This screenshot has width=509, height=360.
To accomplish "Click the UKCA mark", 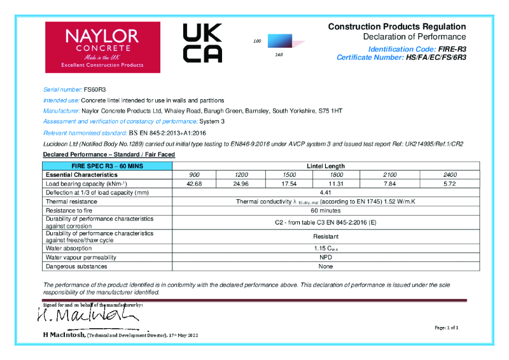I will pyautogui.click(x=202, y=43).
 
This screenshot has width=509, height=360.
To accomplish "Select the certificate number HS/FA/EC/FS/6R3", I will pyautogui.click(x=436, y=57).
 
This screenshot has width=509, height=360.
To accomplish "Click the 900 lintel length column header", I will pyautogui.click(x=194, y=174).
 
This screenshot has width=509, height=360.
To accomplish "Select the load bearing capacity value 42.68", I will pyautogui.click(x=194, y=183).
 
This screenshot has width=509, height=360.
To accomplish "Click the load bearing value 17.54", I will pyautogui.click(x=289, y=183).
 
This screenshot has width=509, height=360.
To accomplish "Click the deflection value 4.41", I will pyautogui.click(x=321, y=192).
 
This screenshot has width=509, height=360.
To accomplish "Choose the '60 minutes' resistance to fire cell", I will pyautogui.click(x=321, y=209).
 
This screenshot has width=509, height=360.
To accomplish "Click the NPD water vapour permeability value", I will pyautogui.click(x=321, y=258).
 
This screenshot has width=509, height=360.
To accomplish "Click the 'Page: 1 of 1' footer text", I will pyautogui.click(x=446, y=327).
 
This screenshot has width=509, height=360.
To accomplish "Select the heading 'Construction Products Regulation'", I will pyautogui.click(x=396, y=27).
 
